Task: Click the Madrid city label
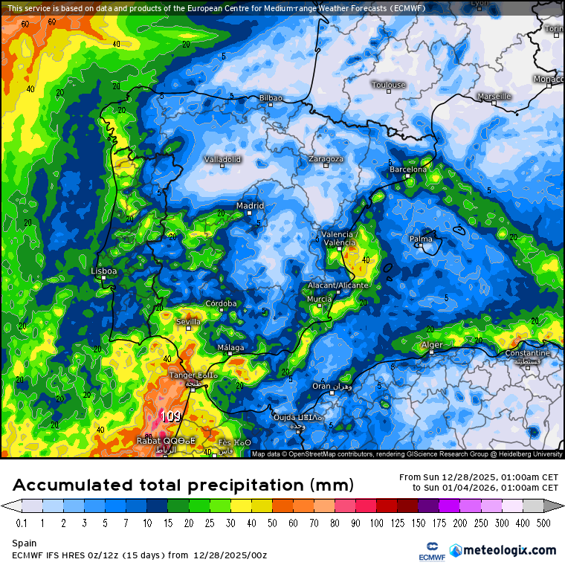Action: pyautogui.click(x=250, y=206)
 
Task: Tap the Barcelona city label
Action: pyautogui.click(x=408, y=169)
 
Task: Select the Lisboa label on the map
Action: pyautogui.click(x=103, y=271)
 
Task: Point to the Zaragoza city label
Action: pyautogui.click(x=326, y=158)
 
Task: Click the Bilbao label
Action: pyautogui.click(x=271, y=97)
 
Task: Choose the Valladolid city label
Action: pyautogui.click(x=222, y=159)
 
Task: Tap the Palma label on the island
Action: pyautogui.click(x=422, y=239)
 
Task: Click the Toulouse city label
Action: pyautogui.click(x=389, y=85)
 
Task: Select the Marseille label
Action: pyautogui.click(x=494, y=96)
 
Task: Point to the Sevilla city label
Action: pyautogui.click(x=188, y=321)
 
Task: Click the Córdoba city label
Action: pyautogui.click(x=221, y=303)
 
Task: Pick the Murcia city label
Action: pyautogui.click(x=319, y=299)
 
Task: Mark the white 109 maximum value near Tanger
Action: pyautogui.click(x=170, y=417)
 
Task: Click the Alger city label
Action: pyautogui.click(x=432, y=345)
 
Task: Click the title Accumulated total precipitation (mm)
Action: pyautogui.click(x=182, y=485)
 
